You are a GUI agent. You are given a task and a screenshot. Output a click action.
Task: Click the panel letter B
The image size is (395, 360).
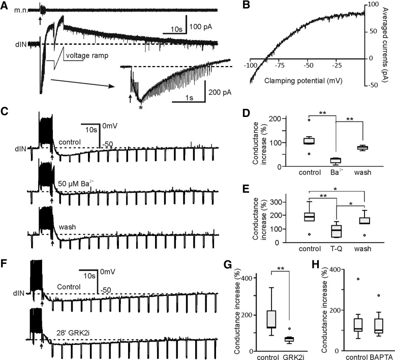coord(246,5)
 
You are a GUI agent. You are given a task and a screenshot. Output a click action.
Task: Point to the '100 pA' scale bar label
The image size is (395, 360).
coord(201,27)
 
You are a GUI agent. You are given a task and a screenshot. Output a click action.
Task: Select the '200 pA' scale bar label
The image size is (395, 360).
coord(220,92)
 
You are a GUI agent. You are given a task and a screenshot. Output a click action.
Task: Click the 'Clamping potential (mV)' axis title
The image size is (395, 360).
coord(303,81)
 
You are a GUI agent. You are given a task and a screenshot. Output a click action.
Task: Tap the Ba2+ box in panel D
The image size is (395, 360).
coord(336,161)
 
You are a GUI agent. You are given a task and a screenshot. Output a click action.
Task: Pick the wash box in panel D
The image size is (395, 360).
coord(363,147)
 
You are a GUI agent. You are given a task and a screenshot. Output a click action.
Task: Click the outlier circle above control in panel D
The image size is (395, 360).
coord(309,120)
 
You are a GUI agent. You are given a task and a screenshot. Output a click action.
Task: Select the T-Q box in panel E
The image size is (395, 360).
coord(336,231)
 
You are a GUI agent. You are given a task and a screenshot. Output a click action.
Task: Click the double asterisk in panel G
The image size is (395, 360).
coord(281,268)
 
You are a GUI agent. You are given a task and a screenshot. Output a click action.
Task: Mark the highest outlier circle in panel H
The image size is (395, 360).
coord(358,279)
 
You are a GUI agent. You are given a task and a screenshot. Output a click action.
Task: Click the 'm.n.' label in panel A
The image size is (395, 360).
coord(21,11)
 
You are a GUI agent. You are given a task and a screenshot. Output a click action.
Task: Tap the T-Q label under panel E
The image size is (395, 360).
coord(336,249)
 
